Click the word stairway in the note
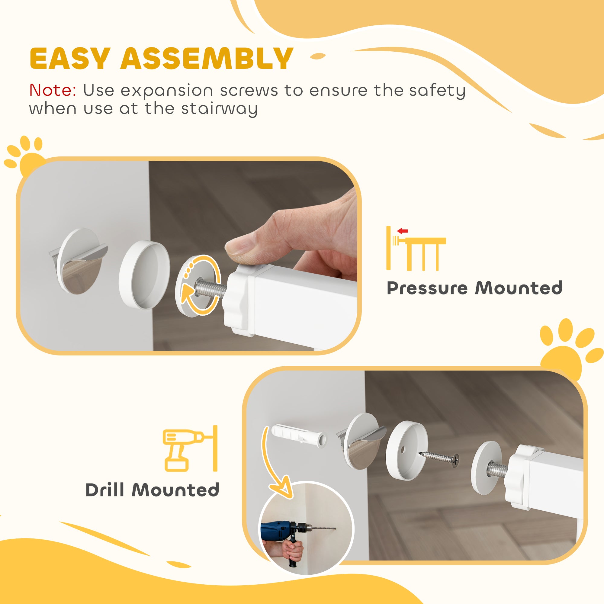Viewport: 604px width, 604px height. tap(219, 109)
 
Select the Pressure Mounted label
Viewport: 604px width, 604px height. tap(474, 288)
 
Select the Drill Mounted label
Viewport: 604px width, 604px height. tap(152, 490)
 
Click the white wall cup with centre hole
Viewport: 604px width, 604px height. tap(406, 451)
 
